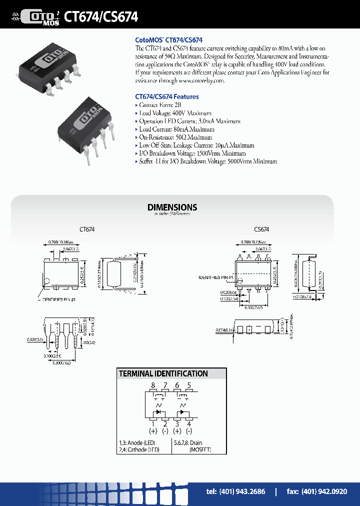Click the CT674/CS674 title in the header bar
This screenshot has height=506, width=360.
pos(101,16)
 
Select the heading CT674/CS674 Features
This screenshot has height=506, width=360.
pos(166,96)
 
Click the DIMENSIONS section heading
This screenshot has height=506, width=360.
pos(172,207)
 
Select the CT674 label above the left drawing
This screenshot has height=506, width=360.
pos(87,229)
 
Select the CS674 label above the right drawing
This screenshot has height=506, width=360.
pos(261,229)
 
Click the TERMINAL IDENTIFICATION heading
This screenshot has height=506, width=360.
pos(163,373)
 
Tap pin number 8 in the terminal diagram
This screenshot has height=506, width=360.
pos(153,385)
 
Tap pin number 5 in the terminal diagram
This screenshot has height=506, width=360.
pos(189,385)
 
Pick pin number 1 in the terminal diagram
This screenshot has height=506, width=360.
pos(153,424)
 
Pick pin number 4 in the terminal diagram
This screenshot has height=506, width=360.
pos(189,424)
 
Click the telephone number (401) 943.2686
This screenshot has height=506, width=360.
pos(235,491)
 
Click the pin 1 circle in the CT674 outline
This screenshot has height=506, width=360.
pos(46,280)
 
